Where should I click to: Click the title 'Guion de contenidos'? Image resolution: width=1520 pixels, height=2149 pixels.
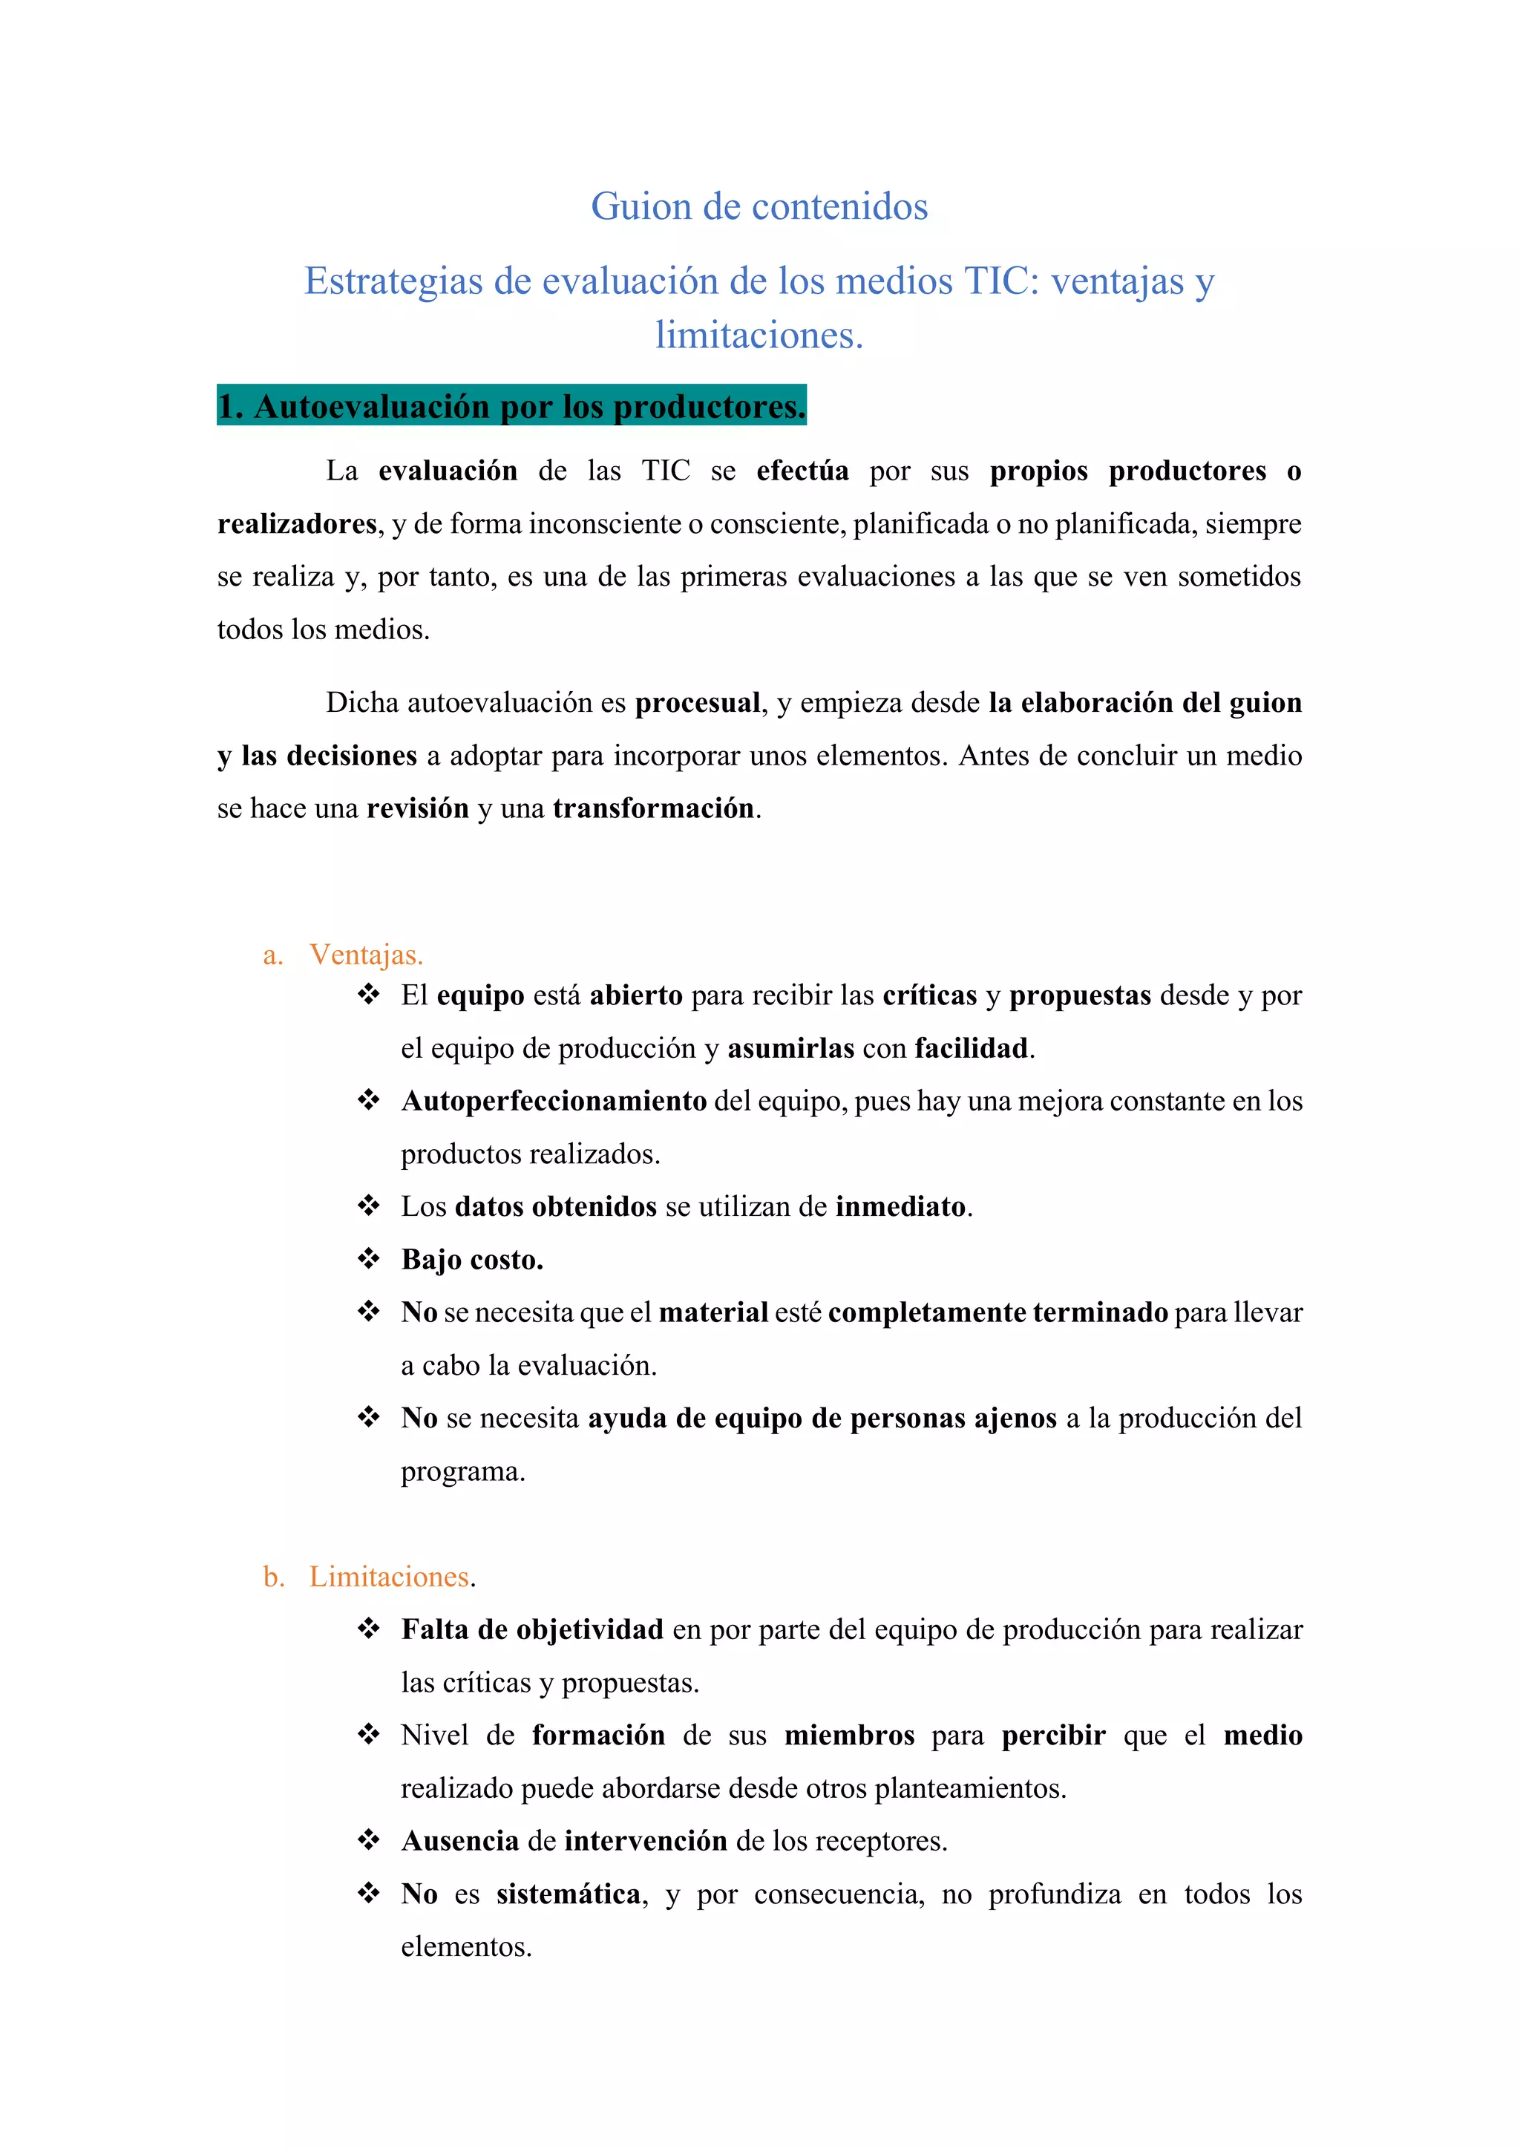click(x=759, y=207)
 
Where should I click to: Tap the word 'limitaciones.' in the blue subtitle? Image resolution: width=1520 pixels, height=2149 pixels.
click(x=759, y=335)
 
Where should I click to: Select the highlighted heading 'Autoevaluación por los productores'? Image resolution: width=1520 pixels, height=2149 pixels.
click(x=511, y=407)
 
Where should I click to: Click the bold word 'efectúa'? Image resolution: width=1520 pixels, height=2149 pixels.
click(x=802, y=471)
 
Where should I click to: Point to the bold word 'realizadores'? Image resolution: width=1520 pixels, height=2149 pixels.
click(x=297, y=524)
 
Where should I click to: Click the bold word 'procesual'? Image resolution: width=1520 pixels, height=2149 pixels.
click(x=698, y=703)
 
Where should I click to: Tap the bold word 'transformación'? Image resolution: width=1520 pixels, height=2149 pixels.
click(x=653, y=808)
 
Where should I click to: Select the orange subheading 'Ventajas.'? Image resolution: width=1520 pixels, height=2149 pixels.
click(x=366, y=955)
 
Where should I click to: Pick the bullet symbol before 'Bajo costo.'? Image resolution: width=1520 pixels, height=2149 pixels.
click(x=369, y=1259)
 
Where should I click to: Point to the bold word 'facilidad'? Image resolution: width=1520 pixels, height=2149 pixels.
click(x=971, y=1048)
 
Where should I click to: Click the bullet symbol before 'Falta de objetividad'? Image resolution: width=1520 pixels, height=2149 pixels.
click(x=369, y=1629)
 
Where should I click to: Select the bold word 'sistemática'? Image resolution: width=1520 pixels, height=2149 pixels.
click(x=568, y=1894)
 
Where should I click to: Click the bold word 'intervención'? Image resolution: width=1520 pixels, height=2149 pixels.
click(x=646, y=1841)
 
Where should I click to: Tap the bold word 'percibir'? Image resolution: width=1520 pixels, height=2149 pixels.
click(x=1053, y=1736)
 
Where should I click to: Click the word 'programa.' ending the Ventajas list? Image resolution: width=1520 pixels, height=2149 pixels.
click(x=463, y=1471)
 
